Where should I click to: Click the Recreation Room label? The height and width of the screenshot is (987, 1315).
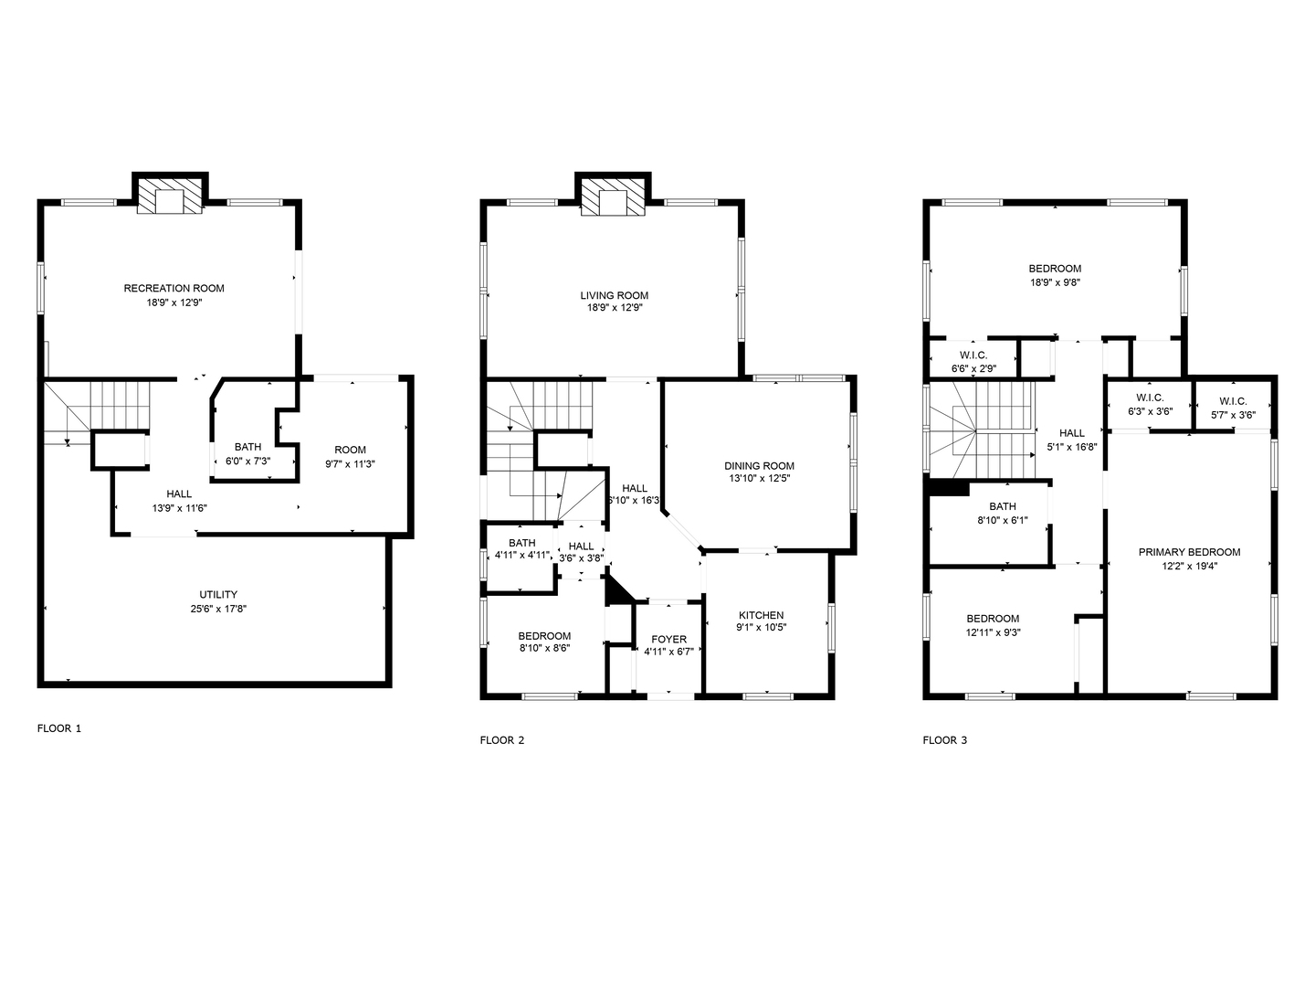click(x=174, y=288)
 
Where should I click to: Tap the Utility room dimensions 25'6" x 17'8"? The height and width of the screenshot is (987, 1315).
click(x=218, y=609)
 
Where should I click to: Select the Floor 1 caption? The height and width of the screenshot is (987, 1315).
click(x=58, y=728)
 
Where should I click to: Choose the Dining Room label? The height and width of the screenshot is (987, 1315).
click(x=759, y=466)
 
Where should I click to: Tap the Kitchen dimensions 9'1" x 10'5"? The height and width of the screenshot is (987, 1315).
click(x=761, y=628)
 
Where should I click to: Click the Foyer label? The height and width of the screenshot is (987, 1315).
click(x=668, y=640)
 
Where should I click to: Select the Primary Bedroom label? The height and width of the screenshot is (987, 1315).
click(x=1189, y=552)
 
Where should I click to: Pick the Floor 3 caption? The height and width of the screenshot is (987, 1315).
click(x=945, y=740)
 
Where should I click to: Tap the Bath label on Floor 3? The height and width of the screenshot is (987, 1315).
click(x=1003, y=506)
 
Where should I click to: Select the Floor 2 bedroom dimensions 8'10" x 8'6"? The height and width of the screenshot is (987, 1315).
click(x=544, y=648)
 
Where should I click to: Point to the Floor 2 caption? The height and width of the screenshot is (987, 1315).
click(x=502, y=740)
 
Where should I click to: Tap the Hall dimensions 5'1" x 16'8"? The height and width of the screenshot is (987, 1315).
click(x=1072, y=447)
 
